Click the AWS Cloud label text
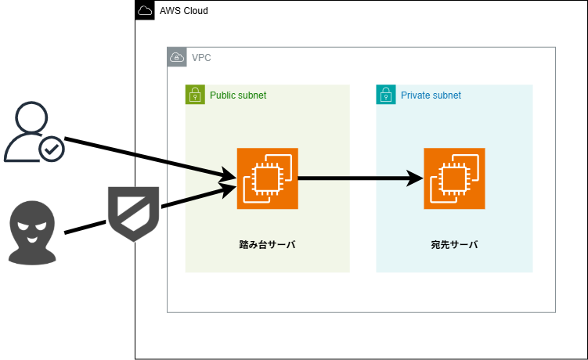click(184, 11)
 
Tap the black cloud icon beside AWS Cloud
click(145, 10)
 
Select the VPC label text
click(201, 58)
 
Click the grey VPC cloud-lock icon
click(177, 57)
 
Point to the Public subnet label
click(238, 95)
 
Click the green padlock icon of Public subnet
click(195, 95)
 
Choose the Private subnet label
click(431, 95)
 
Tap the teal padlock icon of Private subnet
click(386, 95)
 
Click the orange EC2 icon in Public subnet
click(267, 178)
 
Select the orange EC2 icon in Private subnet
click(454, 178)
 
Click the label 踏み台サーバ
click(267, 244)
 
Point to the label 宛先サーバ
click(454, 244)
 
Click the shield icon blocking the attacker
click(134, 213)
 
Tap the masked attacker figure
click(32, 233)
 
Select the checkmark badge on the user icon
click(52, 149)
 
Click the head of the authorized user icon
click(31, 117)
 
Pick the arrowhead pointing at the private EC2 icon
click(415, 178)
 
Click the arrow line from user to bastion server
click(150, 157)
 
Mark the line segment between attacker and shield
click(85, 227)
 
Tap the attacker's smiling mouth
click(32, 239)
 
